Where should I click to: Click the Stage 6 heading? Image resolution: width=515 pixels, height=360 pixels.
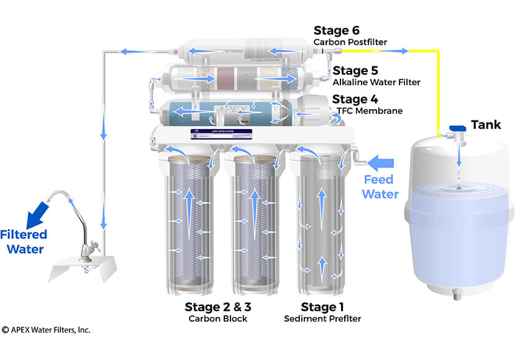pos(337,30)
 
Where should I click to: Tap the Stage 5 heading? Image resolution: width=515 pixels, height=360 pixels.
pos(357,70)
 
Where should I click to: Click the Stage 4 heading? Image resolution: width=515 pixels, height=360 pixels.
pos(357,99)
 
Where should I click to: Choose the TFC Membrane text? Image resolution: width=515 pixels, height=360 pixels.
pos(369,111)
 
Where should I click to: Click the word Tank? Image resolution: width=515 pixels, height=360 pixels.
pos(485,125)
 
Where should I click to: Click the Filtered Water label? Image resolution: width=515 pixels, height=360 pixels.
pos(23,242)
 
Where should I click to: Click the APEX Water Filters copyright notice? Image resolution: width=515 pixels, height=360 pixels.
pos(46,330)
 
